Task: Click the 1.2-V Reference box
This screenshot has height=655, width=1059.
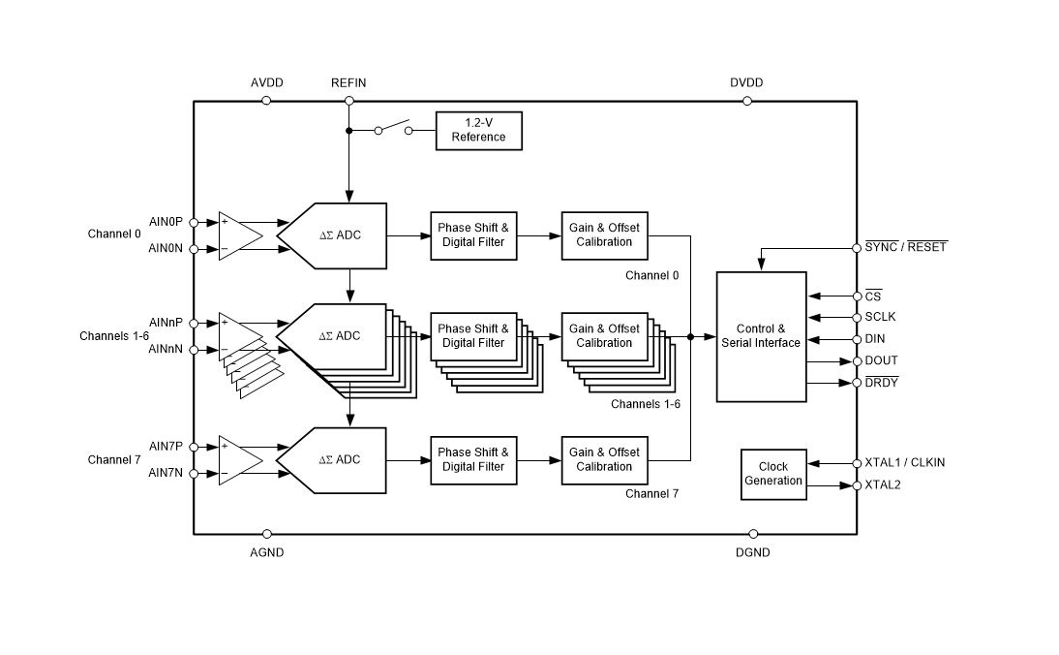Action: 478,130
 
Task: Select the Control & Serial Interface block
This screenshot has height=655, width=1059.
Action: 761,336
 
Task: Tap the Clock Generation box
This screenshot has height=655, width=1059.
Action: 773,474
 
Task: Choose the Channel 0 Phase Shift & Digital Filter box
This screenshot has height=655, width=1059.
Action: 473,234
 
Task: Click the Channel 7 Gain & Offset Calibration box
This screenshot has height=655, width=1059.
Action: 604,459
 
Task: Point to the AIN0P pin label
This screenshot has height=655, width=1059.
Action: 166,222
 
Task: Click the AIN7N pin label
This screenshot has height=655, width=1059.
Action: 166,473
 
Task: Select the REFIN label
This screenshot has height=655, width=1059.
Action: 348,82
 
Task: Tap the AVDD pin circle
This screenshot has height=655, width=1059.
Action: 267,100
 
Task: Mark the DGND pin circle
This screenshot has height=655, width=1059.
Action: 753,533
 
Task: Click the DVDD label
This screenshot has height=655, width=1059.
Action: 746,82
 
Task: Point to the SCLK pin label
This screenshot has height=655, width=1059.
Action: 882,317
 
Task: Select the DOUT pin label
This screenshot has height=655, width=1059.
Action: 882,360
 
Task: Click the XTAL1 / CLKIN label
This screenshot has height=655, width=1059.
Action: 904,462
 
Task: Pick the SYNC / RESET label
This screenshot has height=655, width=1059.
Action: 905,247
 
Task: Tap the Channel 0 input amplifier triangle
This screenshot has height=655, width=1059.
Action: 238,234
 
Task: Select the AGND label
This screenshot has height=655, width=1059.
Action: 267,552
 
